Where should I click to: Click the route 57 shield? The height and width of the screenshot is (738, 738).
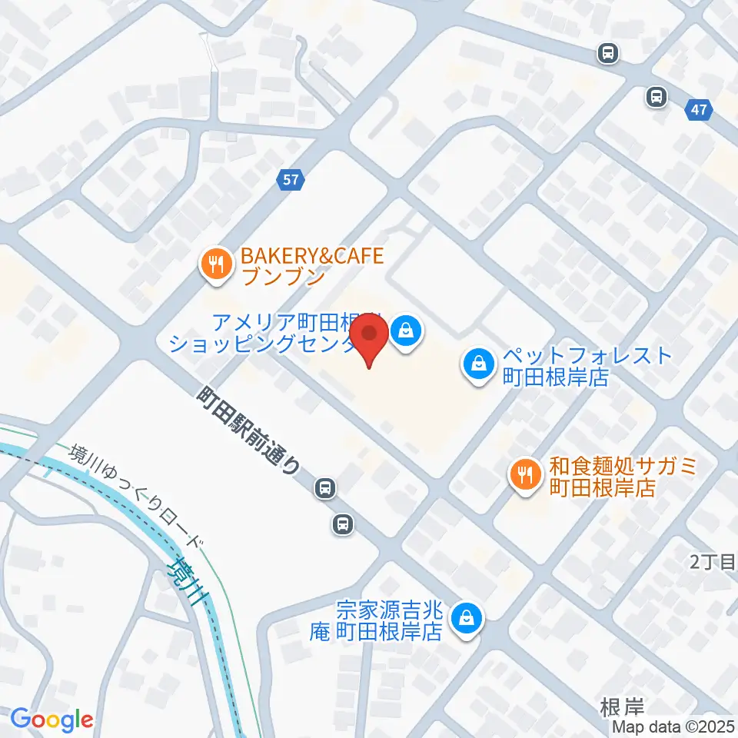pyautogui.click(x=291, y=181)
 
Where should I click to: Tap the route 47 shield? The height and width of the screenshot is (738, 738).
pyautogui.click(x=698, y=111)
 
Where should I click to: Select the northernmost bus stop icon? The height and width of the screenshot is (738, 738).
pyautogui.click(x=608, y=53)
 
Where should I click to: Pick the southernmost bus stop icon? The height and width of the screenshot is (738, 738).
pyautogui.click(x=342, y=525)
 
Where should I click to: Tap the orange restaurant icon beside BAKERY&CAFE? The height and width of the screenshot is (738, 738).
pyautogui.click(x=213, y=265)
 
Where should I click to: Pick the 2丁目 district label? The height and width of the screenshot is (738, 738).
pyautogui.click(x=713, y=563)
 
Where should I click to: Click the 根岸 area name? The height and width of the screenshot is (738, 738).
pyautogui.click(x=623, y=705)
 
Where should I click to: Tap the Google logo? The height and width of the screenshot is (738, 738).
pyautogui.click(x=52, y=719)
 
